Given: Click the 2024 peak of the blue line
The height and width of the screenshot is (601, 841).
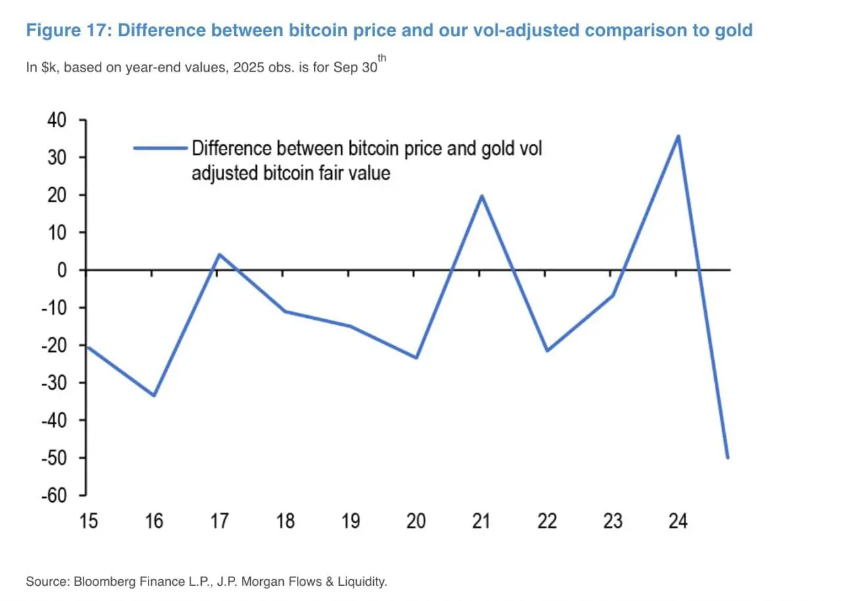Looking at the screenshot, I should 678,136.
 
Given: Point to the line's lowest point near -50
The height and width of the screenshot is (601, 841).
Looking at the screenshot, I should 727,458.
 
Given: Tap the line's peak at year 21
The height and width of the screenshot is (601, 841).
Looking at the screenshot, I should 481,196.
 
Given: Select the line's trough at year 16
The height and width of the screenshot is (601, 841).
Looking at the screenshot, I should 154,395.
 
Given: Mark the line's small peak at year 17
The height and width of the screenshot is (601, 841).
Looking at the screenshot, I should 219,254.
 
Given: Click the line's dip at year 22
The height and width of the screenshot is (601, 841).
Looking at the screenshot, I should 547,351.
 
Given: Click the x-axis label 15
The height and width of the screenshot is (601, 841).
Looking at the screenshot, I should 88,522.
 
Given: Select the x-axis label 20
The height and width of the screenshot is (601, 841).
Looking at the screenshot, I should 415,522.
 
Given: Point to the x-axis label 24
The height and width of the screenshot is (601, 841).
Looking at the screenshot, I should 677,522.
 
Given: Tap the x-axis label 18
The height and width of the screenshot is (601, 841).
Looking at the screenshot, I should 284,522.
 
